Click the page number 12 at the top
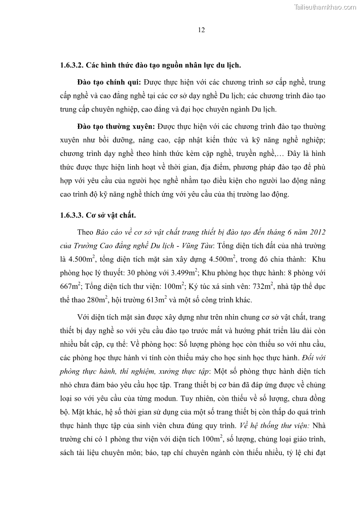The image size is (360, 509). [202, 30]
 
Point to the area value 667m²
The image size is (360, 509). [70, 286]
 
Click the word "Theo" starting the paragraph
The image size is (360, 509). [85, 232]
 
